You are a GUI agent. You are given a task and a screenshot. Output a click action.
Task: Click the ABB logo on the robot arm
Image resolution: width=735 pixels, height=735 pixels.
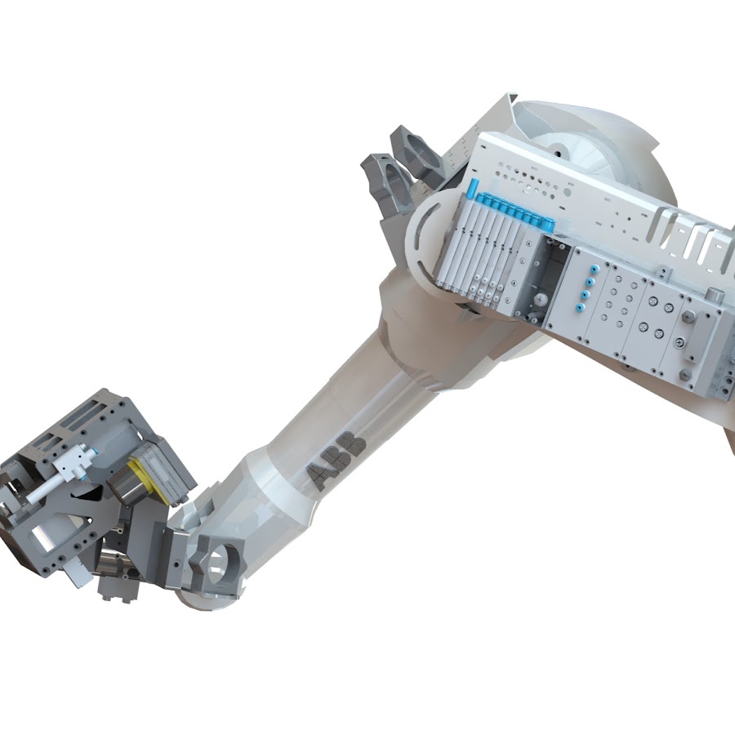[335, 462]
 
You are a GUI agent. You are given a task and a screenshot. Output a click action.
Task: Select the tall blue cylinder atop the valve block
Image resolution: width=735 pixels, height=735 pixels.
[471, 189]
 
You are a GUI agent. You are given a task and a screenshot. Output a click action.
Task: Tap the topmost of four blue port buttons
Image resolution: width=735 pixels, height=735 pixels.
[594, 269]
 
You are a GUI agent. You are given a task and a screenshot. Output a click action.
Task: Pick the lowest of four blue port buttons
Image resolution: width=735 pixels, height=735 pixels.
[581, 308]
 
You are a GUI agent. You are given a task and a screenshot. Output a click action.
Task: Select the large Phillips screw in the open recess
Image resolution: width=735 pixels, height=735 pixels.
[541, 299]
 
